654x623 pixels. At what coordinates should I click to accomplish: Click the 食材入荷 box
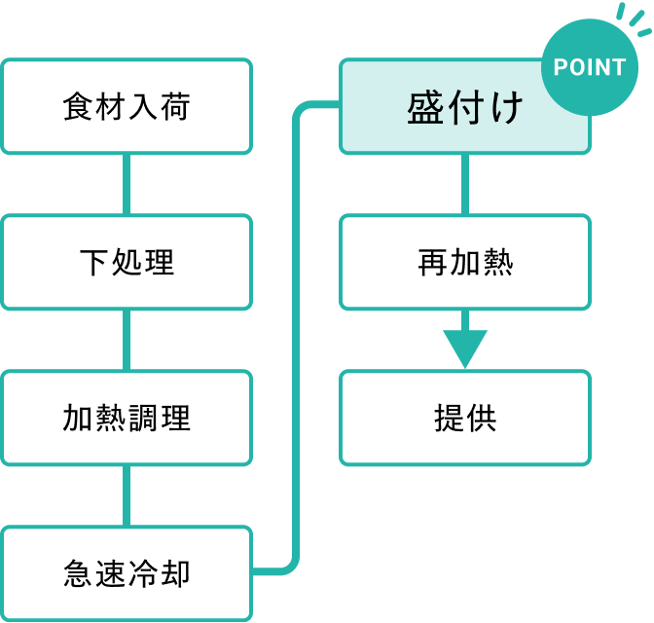click(x=127, y=106)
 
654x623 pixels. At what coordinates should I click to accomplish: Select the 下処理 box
click(x=127, y=262)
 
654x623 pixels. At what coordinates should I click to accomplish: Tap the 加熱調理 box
click(x=127, y=418)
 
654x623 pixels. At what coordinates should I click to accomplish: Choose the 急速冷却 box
click(x=127, y=573)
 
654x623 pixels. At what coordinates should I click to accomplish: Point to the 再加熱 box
click(x=465, y=262)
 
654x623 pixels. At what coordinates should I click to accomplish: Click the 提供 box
click(x=465, y=418)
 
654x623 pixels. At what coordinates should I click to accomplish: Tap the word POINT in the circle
click(x=590, y=67)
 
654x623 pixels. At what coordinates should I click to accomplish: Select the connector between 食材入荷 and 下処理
click(x=127, y=184)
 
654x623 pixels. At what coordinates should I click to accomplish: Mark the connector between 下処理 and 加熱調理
click(x=127, y=340)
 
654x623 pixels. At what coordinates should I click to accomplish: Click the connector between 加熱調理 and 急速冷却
click(x=127, y=495)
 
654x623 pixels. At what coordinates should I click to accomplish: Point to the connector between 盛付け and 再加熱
click(x=465, y=184)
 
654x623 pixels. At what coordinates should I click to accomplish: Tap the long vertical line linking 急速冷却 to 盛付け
click(x=296, y=338)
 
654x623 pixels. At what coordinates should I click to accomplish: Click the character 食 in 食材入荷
click(x=78, y=106)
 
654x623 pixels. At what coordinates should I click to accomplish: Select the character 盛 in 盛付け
click(x=425, y=107)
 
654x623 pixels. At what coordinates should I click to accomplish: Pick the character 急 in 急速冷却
click(x=78, y=573)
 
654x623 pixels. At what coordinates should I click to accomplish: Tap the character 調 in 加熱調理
click(x=143, y=418)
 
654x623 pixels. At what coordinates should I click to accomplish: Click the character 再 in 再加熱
click(x=433, y=262)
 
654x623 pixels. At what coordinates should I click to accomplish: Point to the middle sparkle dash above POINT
click(x=636, y=18)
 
